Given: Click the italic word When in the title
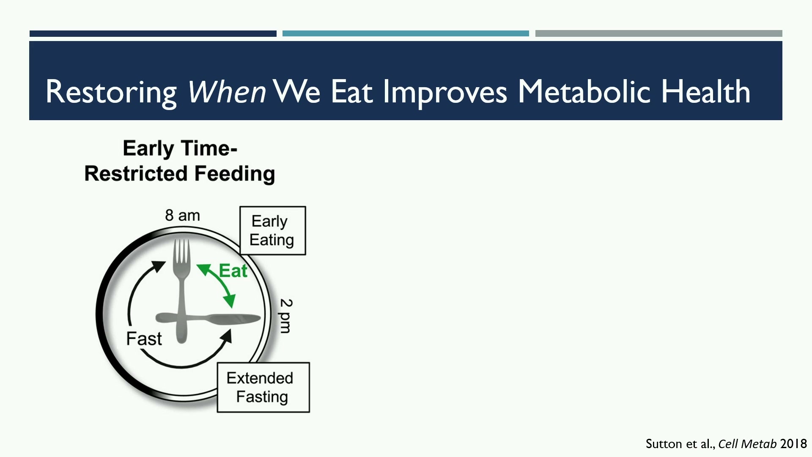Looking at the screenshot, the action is point(227,91).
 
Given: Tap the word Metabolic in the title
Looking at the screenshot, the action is point(584,91).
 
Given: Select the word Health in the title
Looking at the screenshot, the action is point(706,91).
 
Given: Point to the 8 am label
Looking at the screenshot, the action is point(182,215).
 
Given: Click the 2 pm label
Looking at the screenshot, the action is point(286,316).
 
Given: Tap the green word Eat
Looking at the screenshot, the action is point(233,271).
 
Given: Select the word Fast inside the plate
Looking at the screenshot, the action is point(144,339).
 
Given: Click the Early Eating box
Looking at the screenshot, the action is point(272,231).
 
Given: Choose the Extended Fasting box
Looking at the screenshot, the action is point(263,387).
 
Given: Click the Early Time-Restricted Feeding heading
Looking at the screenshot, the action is point(180,161).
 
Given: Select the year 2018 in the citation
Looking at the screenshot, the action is point(793,443).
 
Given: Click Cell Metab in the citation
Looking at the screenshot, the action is point(747,443).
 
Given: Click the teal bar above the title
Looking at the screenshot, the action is point(406,33).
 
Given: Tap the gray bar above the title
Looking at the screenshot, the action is point(658,33).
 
